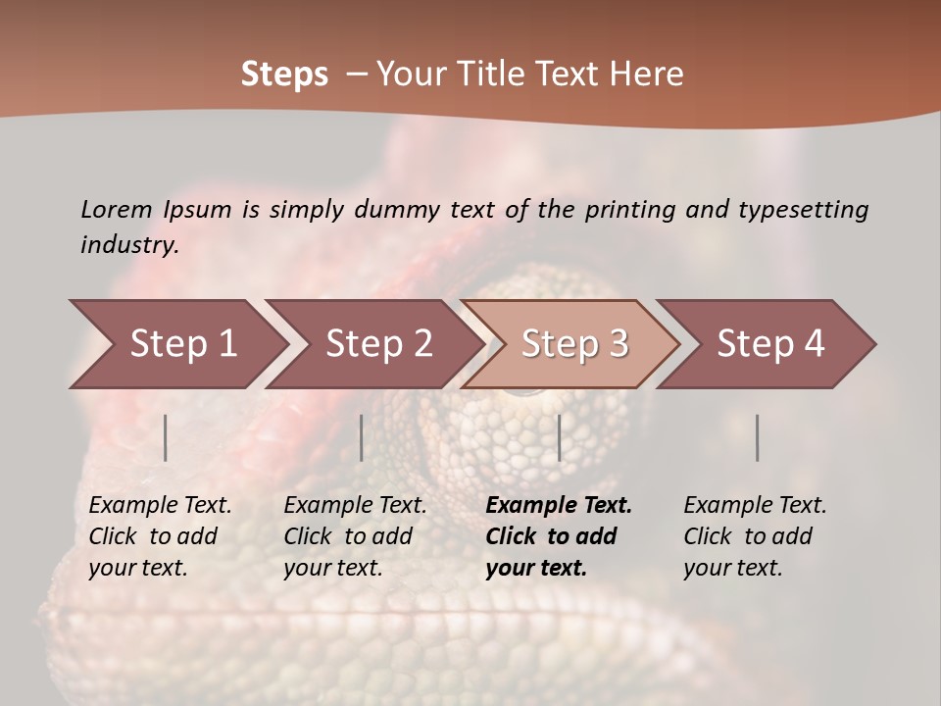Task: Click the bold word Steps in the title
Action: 284,75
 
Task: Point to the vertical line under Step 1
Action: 166,437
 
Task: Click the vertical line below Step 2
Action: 362,437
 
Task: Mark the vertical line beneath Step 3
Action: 559,437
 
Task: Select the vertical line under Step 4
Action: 757,437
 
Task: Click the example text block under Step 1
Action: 160,536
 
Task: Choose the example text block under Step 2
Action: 355,536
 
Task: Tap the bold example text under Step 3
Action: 558,536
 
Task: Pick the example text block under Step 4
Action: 755,536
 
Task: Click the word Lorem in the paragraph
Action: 116,209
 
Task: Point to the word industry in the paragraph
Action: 129,245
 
